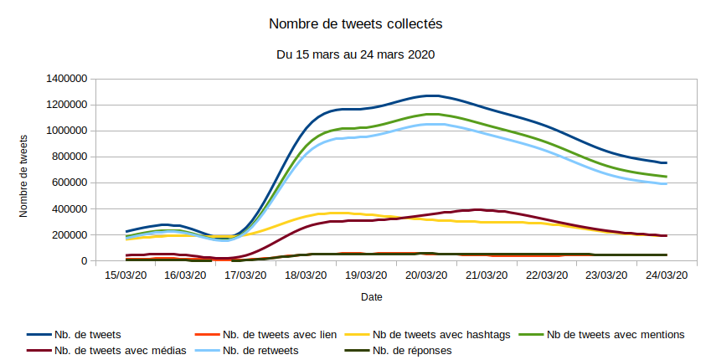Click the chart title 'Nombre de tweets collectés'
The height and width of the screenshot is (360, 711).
click(355, 23)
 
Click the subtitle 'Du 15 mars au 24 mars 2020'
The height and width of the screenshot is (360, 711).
click(355, 54)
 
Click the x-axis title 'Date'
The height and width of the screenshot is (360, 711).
click(372, 297)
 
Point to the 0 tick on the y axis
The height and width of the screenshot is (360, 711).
click(85, 261)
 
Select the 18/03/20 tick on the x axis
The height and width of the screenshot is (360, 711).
click(306, 274)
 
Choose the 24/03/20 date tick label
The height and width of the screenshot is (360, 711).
click(666, 274)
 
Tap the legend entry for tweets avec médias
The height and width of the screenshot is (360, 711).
click(108, 351)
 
